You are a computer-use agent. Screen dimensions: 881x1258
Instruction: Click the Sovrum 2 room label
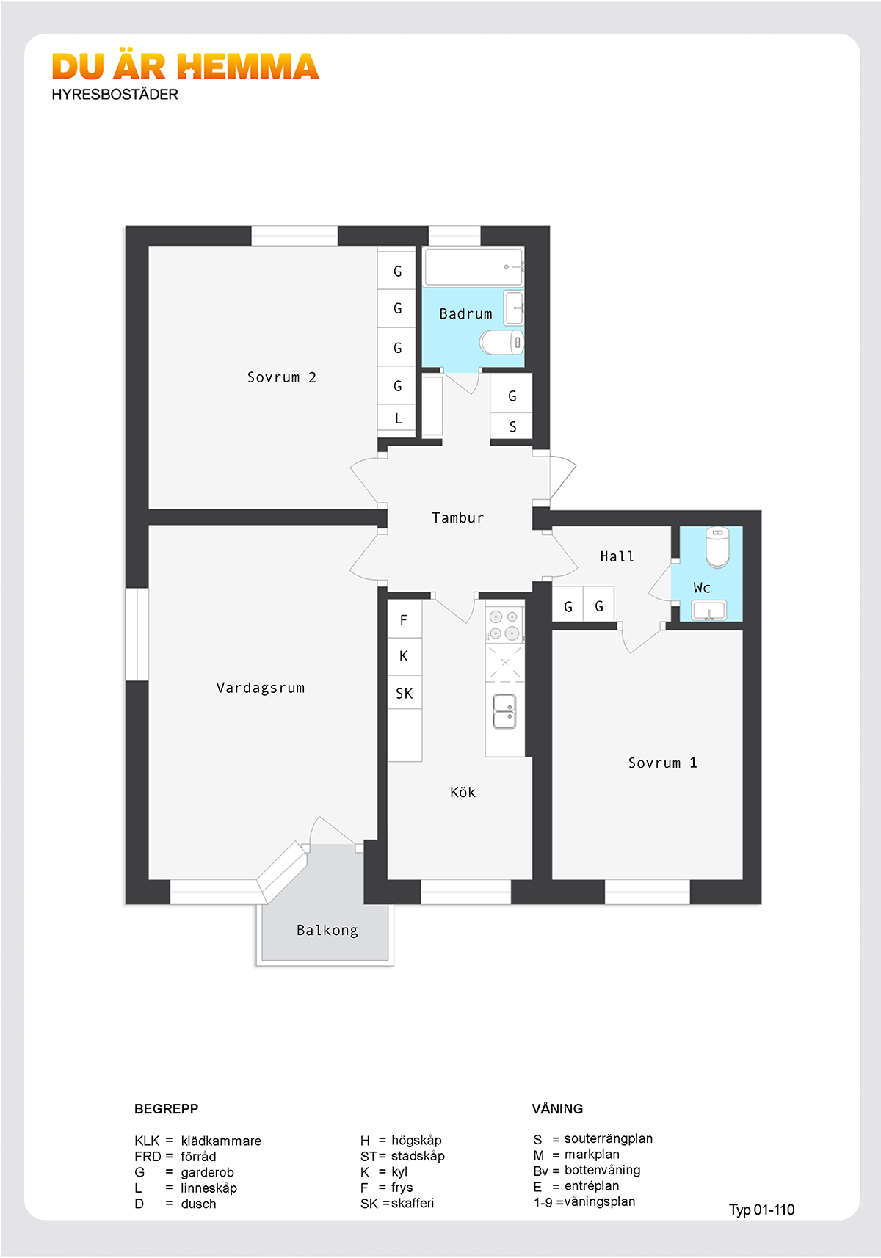[x=281, y=377]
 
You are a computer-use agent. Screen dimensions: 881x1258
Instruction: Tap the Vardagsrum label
[x=261, y=688]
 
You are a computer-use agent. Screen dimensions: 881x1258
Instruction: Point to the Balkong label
[x=327, y=931]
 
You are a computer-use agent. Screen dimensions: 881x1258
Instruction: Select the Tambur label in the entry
[x=457, y=517]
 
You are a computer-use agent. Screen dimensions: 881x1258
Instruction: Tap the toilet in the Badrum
[x=501, y=342]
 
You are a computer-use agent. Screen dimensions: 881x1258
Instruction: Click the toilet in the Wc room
[x=717, y=547]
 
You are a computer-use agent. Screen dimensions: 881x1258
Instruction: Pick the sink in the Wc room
[x=709, y=611]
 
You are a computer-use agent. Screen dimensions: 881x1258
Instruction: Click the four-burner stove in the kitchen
[x=504, y=625]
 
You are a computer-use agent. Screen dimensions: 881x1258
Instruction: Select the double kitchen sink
[x=504, y=711]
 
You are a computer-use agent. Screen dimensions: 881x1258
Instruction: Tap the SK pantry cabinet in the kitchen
[x=405, y=693]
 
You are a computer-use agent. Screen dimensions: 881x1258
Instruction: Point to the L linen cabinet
[x=396, y=418]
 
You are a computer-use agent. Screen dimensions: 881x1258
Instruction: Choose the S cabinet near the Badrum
[x=511, y=427]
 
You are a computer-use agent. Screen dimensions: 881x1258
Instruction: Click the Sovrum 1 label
[x=662, y=763]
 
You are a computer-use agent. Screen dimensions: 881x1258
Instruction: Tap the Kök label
[x=463, y=793]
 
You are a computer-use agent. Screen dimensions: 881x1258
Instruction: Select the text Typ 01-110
[x=761, y=1209]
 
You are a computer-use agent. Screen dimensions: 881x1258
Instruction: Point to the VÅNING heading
[x=557, y=1108]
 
